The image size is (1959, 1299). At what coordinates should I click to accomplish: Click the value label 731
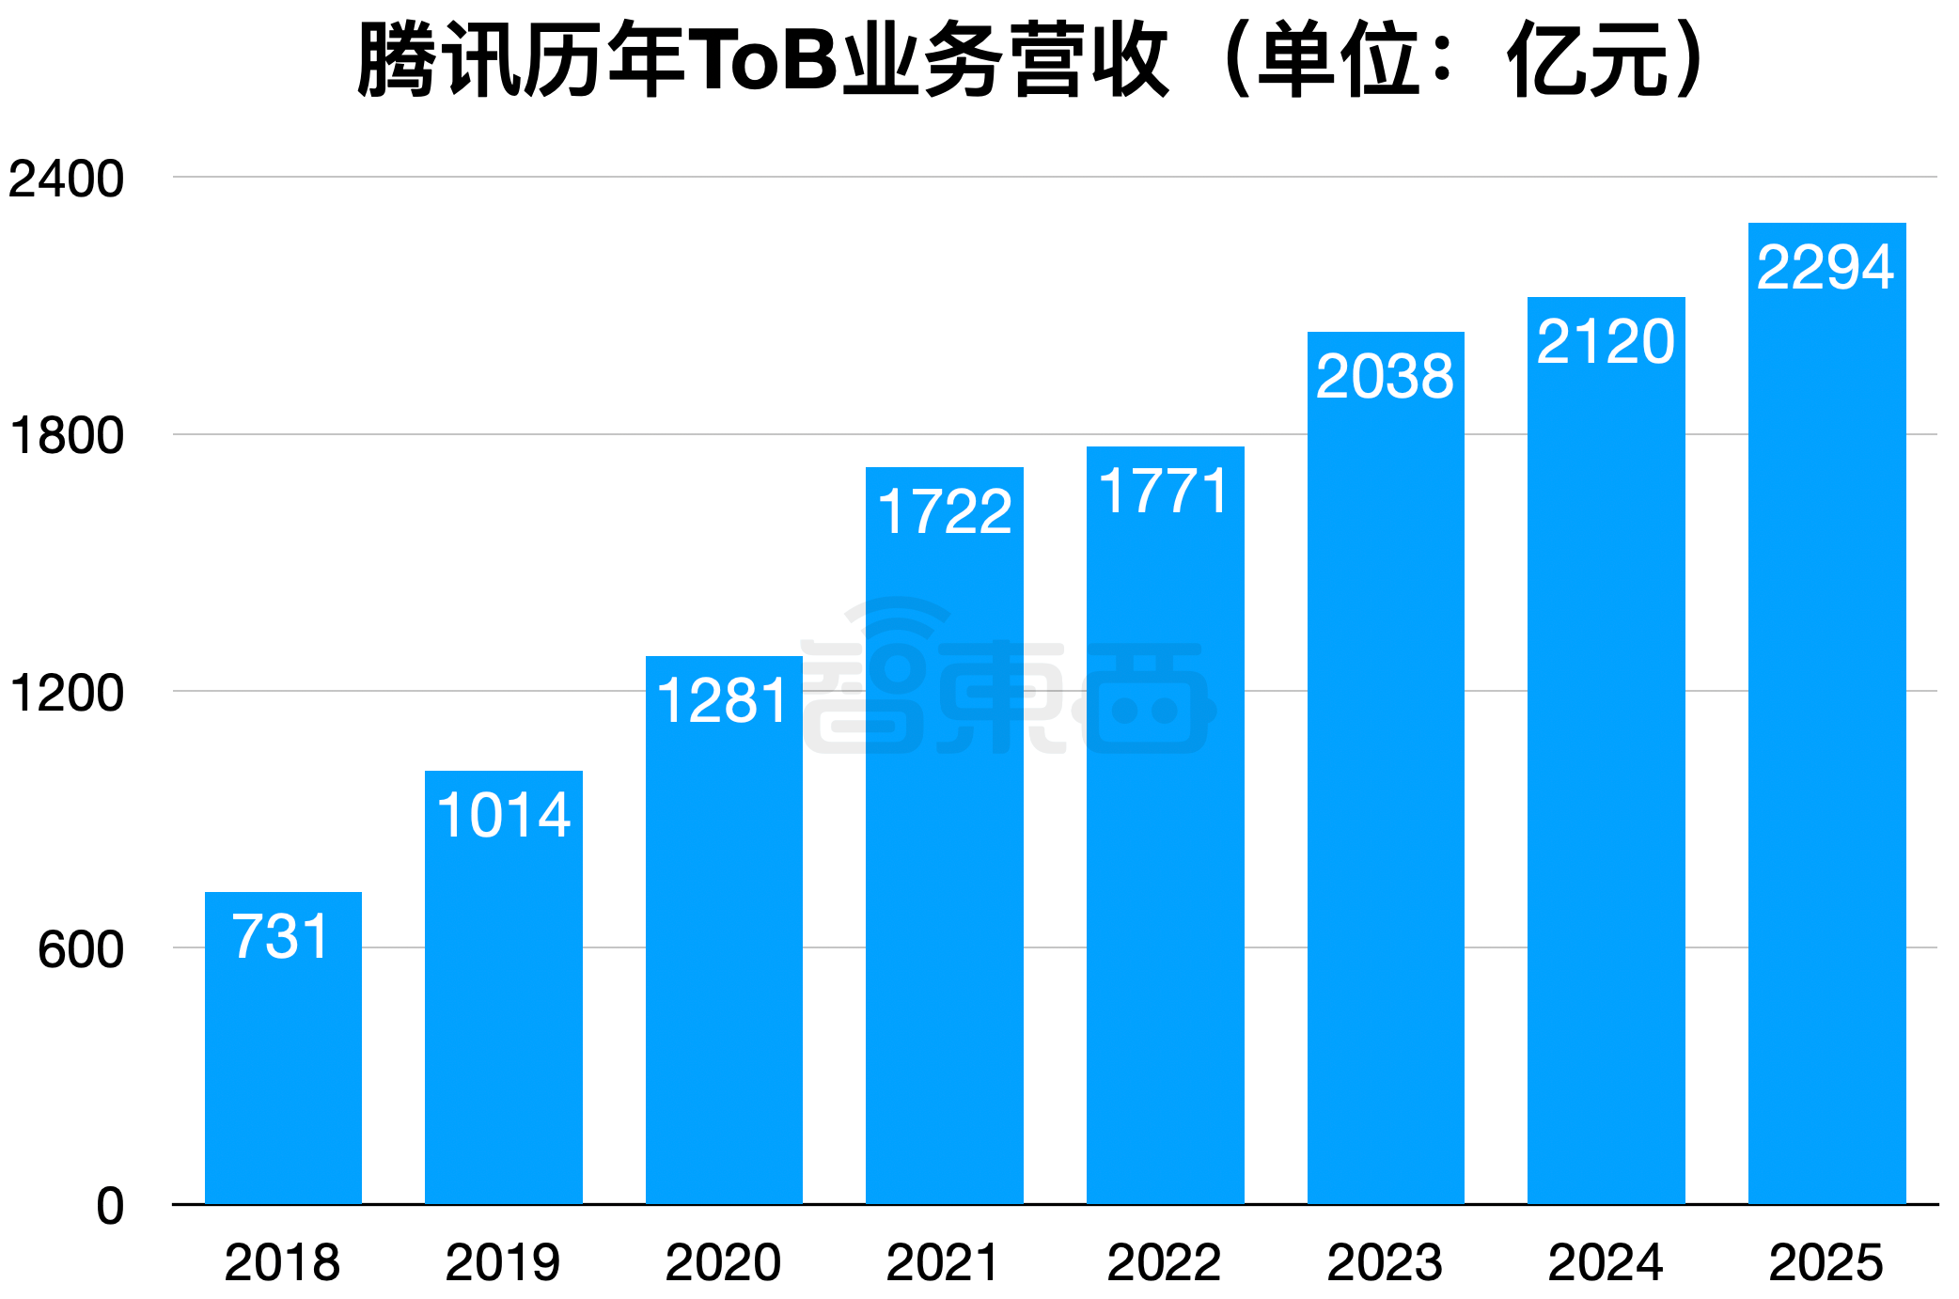point(281,937)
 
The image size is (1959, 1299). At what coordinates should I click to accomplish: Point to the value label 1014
point(504,815)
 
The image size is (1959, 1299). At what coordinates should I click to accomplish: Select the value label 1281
point(723,701)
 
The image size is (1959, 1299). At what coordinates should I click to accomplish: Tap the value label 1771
point(1165,492)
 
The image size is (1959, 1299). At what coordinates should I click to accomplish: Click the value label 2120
point(1606,341)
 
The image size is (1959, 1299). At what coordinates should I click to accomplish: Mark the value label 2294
point(1826,267)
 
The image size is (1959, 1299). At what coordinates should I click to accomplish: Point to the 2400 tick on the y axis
point(66,179)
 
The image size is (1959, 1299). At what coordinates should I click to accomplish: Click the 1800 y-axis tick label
point(66,436)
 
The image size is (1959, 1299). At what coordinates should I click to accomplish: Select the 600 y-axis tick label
point(80,949)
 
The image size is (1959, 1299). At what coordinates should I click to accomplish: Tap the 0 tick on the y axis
point(110,1206)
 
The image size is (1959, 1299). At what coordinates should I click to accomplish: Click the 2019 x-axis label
point(503,1262)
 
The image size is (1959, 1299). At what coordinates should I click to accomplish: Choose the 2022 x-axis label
point(1164,1262)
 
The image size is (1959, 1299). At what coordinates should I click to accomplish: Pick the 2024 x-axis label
point(1606,1262)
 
